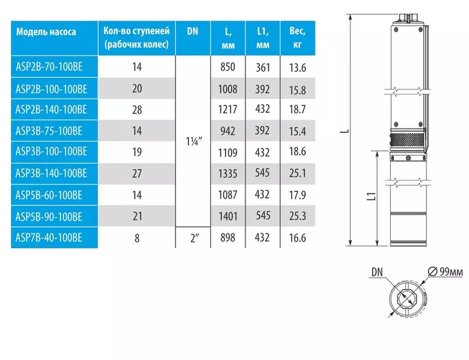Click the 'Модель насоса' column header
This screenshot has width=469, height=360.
[46, 32]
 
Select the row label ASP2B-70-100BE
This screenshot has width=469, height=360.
[49, 66]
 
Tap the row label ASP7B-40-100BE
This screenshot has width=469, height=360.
[49, 238]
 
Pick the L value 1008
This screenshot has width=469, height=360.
[227, 89]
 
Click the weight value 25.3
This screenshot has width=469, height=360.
[297, 216]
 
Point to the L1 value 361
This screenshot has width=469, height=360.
[263, 67]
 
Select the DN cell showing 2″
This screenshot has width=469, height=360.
[195, 239]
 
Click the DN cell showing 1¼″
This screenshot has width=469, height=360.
[194, 141]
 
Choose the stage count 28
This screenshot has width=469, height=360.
[137, 109]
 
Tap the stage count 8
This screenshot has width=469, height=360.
[137, 239]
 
